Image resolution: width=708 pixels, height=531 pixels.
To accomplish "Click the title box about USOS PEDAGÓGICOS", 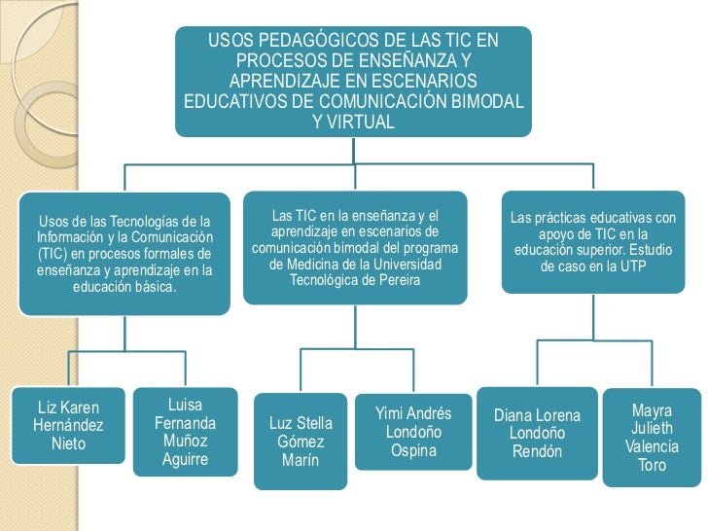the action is (x=353, y=82).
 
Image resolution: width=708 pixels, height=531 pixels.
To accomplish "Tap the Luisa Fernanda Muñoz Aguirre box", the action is (x=185, y=431).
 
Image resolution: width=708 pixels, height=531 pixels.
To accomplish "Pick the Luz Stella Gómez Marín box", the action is (x=301, y=442).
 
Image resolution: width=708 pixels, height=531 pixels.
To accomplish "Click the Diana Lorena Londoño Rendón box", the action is (x=537, y=433).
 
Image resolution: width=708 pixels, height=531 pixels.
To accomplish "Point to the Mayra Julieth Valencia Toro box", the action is (x=652, y=437).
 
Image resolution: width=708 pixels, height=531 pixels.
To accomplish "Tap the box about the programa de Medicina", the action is (x=355, y=247).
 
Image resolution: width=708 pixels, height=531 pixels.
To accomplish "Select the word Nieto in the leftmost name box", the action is (x=68, y=444).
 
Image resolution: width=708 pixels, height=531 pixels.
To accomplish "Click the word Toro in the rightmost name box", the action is (x=653, y=466).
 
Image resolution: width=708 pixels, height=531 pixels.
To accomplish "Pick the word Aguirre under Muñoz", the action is (x=185, y=459).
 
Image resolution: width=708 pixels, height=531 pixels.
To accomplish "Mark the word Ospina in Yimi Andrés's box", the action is (x=414, y=450).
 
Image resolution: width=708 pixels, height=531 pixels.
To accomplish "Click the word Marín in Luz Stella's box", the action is (x=301, y=459).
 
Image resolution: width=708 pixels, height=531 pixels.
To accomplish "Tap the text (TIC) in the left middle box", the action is (x=53, y=253).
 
